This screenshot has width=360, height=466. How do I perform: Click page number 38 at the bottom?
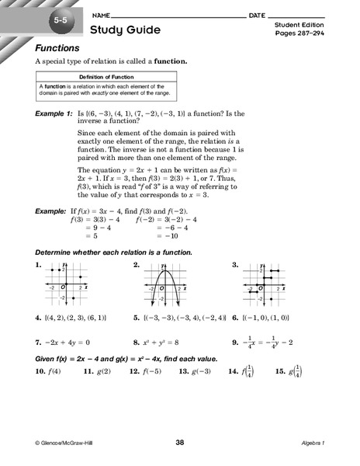tap(180, 442)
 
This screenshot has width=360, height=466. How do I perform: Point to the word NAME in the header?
tap(99, 16)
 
